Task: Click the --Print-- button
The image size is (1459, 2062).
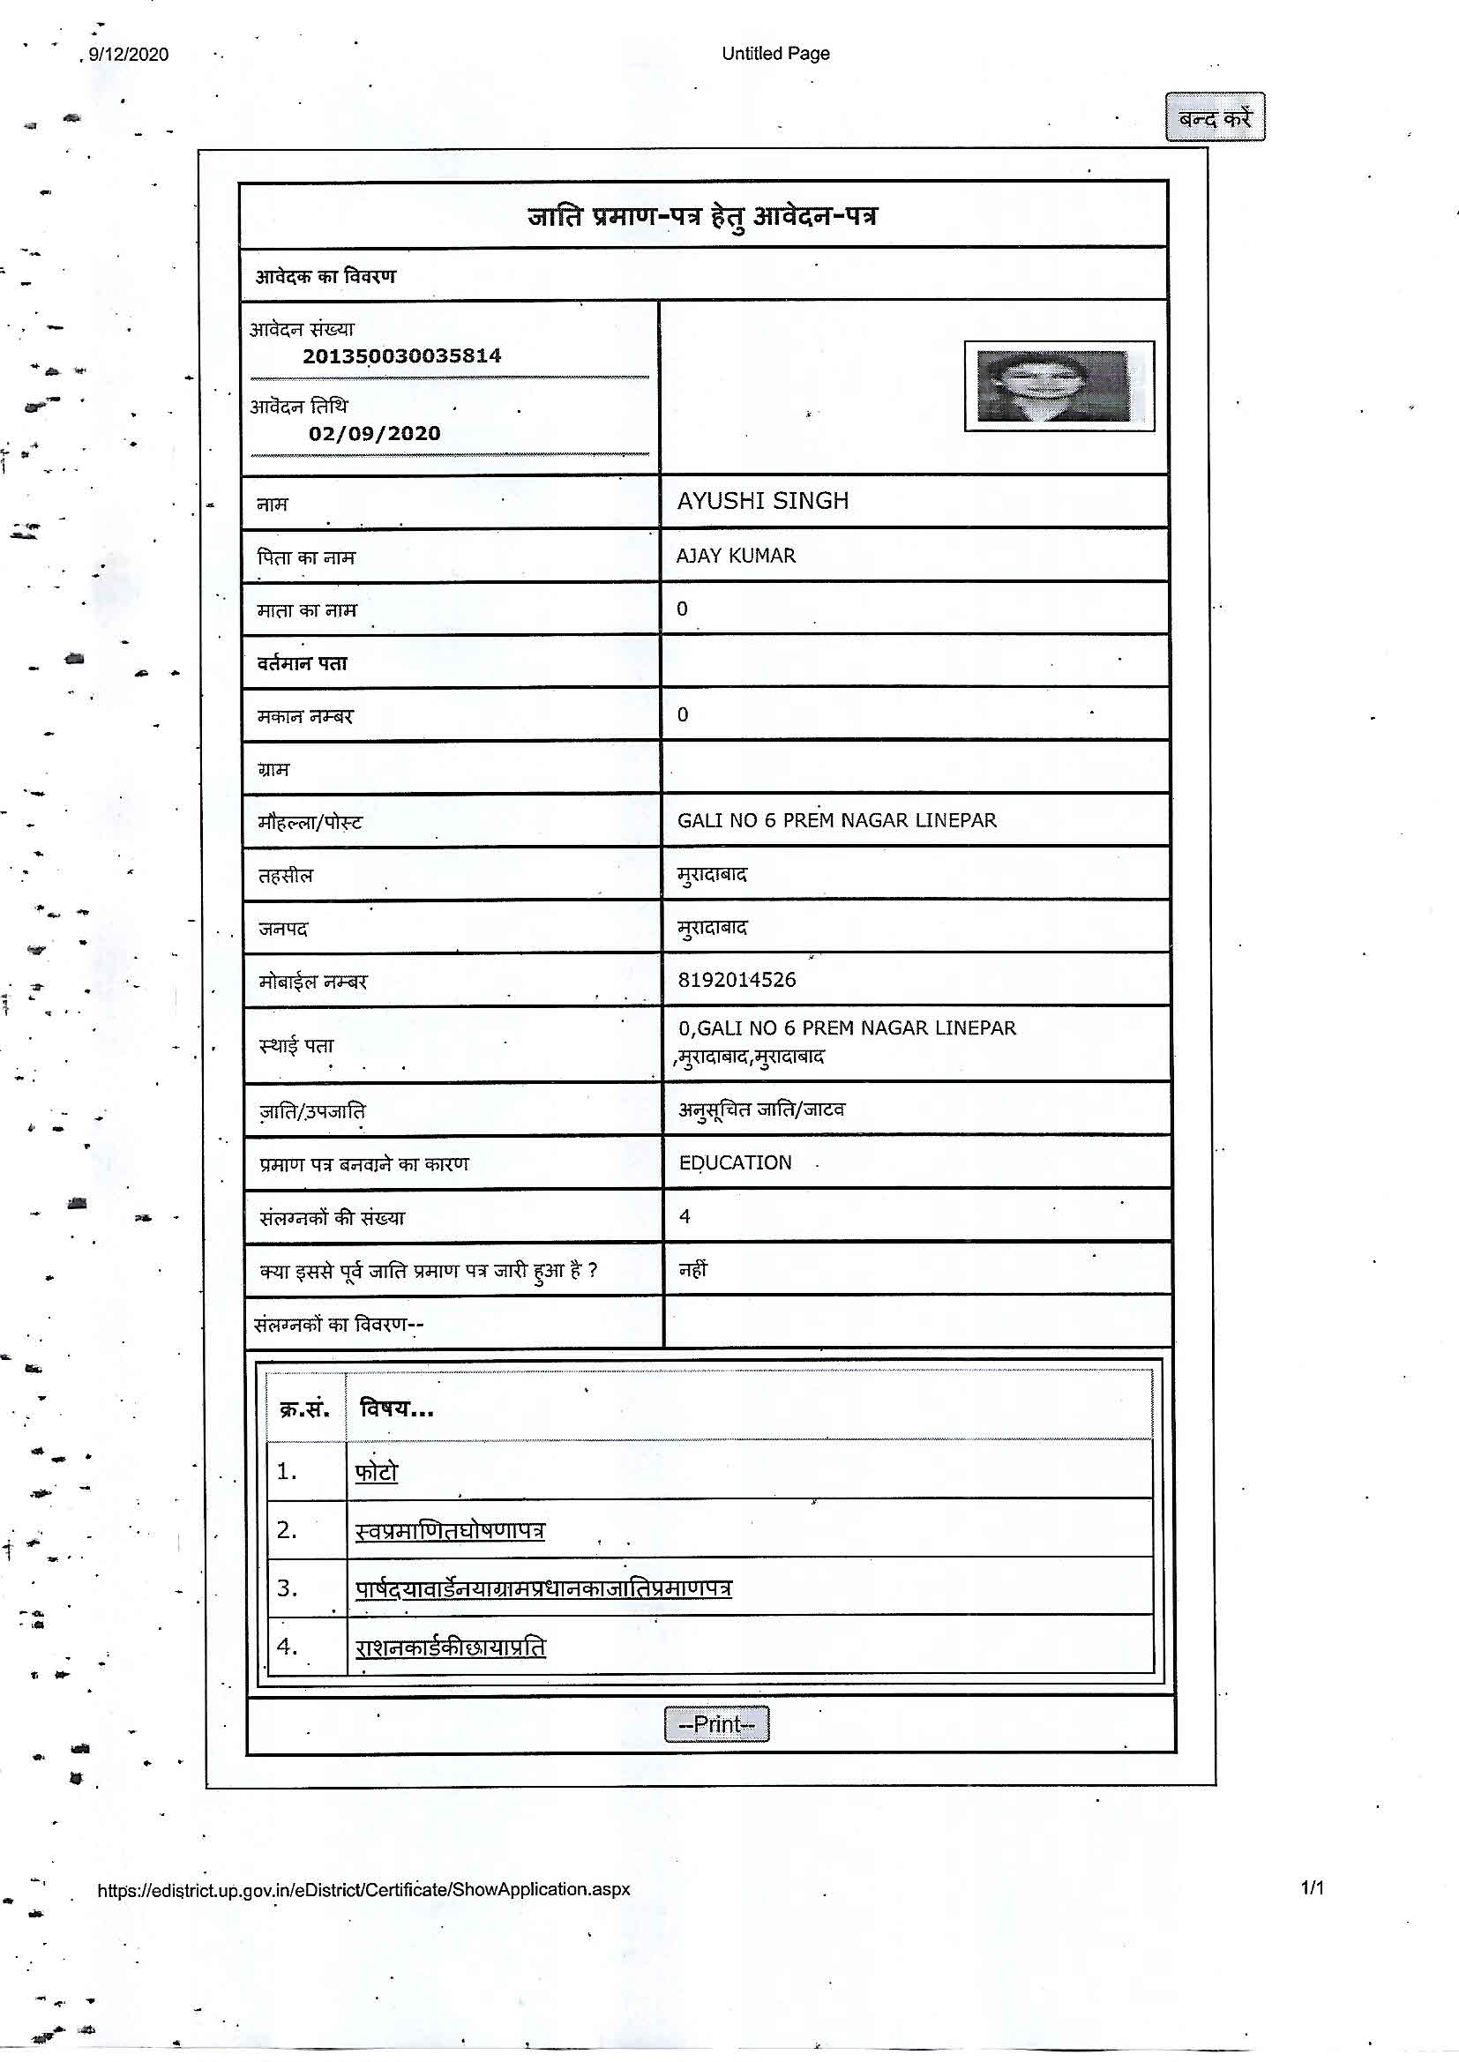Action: [716, 1723]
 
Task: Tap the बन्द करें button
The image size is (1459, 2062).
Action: [1215, 117]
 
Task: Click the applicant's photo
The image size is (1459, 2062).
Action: [1059, 386]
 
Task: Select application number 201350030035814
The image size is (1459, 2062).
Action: [401, 355]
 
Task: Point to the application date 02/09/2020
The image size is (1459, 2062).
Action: [375, 433]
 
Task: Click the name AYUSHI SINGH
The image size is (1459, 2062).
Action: [763, 501]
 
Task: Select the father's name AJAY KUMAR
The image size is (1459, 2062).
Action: [736, 556]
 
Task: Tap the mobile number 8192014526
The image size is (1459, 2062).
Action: [737, 980]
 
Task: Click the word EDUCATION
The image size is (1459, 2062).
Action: [735, 1163]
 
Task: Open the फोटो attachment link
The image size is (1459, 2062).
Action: [377, 1472]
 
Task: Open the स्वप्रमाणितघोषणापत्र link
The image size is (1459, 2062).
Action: [450, 1530]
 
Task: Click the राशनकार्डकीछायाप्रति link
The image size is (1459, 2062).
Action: [450, 1647]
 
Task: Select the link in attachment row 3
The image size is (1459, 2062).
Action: [543, 1588]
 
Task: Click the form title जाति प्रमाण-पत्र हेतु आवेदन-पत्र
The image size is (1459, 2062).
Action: [701, 216]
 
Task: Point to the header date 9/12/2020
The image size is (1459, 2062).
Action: [129, 55]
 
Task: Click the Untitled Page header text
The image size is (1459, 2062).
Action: [775, 53]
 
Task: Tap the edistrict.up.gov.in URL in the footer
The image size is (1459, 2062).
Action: [363, 1888]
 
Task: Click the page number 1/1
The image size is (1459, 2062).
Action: [1312, 1887]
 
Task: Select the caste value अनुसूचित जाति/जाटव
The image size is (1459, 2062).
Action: [761, 1110]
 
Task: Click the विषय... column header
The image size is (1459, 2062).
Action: [396, 1408]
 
